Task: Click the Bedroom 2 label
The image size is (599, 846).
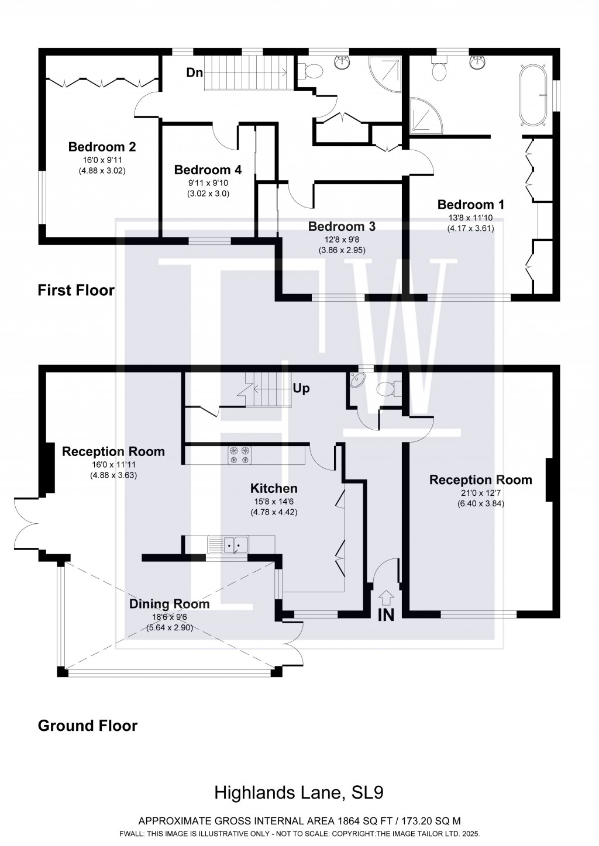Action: tap(102, 147)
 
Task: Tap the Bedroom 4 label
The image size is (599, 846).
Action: tap(208, 170)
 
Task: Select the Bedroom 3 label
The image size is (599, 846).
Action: tap(342, 226)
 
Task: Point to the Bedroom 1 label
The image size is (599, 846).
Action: tap(471, 205)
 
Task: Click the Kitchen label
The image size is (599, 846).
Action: tap(274, 488)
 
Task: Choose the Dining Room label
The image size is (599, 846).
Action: tap(169, 603)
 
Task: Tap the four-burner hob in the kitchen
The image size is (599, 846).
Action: tap(240, 455)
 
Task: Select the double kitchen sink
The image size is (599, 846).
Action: tap(229, 544)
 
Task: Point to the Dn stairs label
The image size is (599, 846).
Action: tap(195, 72)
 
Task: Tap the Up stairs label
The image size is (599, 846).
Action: tap(301, 388)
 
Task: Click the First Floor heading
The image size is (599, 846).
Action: tap(76, 291)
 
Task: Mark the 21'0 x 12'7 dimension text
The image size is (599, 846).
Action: tap(480, 493)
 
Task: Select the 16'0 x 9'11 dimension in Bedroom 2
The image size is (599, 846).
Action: tap(102, 160)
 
